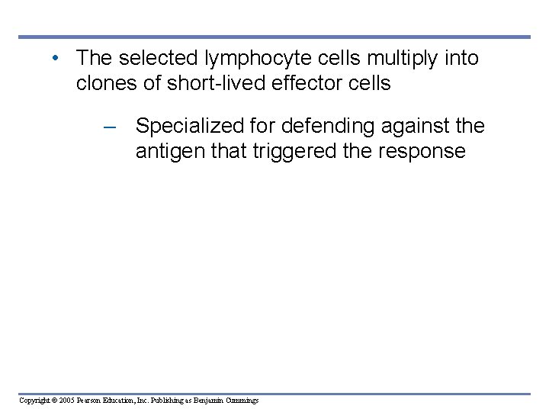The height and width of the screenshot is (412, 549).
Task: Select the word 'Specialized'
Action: (x=190, y=127)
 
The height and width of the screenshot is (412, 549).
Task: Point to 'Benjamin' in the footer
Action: (x=207, y=401)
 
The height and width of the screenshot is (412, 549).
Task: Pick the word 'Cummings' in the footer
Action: (x=242, y=401)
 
